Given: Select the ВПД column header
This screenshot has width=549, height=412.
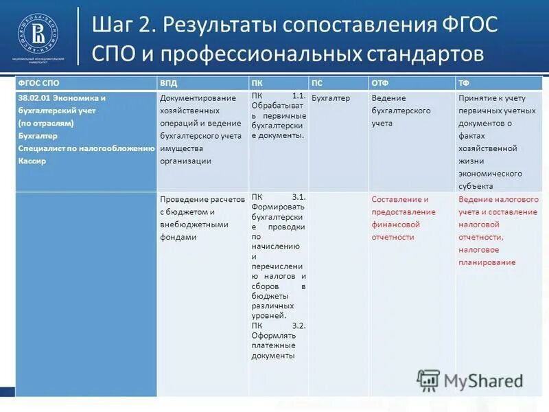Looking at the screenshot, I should (168, 82).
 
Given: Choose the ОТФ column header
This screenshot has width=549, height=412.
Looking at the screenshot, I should (379, 82).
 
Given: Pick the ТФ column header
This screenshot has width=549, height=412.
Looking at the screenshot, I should (464, 82).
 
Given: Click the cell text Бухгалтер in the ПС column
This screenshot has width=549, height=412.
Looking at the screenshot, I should (331, 98).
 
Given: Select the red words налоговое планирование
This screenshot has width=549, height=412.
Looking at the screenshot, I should (487, 256).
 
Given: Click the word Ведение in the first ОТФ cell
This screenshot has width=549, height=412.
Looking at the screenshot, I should (388, 98).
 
